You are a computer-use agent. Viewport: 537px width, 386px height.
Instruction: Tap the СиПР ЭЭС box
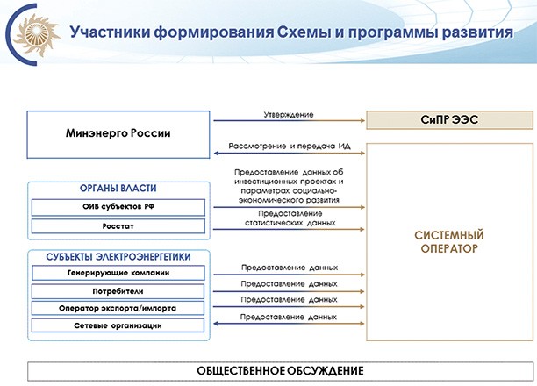pos(449,119)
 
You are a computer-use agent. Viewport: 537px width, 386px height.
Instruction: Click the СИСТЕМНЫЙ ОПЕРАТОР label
pos(449,241)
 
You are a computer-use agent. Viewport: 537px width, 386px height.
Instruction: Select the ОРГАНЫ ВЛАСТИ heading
pos(118,189)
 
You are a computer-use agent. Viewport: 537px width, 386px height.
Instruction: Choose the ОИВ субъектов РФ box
pos(118,208)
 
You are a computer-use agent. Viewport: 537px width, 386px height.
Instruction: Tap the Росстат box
pos(118,227)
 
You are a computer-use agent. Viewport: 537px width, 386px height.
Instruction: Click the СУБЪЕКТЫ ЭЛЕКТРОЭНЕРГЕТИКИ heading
pos(118,257)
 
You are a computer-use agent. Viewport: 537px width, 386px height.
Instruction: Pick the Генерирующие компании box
pos(118,273)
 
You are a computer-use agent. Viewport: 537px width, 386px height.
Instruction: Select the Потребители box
pos(118,290)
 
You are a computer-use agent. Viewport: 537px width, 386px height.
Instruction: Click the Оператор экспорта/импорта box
pos(118,308)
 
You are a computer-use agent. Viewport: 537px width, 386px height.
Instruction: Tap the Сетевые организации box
pos(118,326)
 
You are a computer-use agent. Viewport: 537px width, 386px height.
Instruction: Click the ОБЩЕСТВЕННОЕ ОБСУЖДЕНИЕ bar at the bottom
pos(268,370)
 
